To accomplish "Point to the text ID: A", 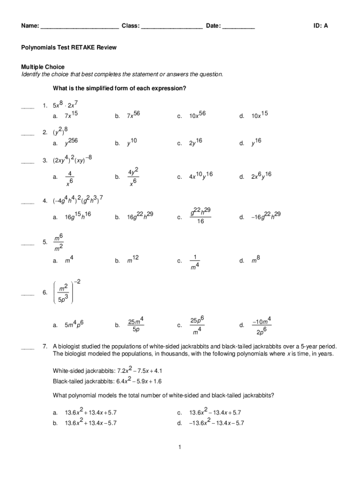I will click(321, 26).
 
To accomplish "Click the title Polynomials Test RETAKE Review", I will click(69, 48).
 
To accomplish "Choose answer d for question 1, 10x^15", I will click(259, 115).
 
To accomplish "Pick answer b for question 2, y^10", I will click(131, 143).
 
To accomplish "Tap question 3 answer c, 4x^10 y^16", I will click(201, 176).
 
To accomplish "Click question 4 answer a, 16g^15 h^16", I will click(78, 216).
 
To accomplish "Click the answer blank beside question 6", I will click(28, 295).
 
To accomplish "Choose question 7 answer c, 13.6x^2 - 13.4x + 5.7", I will click(215, 412).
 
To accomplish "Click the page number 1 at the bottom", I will click(180, 448).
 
